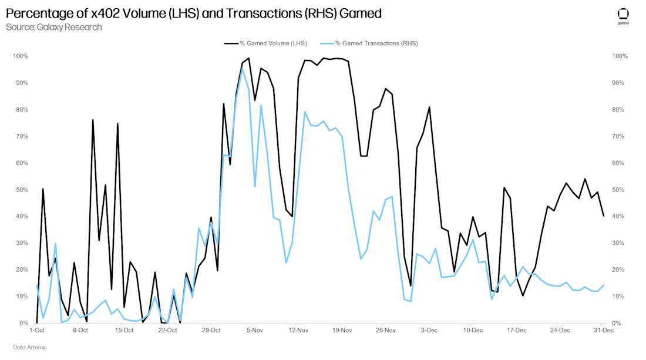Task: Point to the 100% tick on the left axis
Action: point(21,56)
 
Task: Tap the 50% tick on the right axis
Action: point(620,190)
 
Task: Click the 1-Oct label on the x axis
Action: point(37,331)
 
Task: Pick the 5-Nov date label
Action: point(254,331)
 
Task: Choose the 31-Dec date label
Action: point(603,331)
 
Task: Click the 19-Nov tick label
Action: point(342,331)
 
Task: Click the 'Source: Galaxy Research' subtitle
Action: point(53,27)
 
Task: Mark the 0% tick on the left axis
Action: point(25,324)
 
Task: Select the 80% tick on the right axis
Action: point(620,110)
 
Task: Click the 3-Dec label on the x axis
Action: point(429,331)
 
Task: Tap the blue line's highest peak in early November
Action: point(242,69)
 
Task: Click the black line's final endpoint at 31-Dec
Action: point(603,216)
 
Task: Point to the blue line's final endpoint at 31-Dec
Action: point(603,285)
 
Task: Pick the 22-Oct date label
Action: point(167,331)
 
